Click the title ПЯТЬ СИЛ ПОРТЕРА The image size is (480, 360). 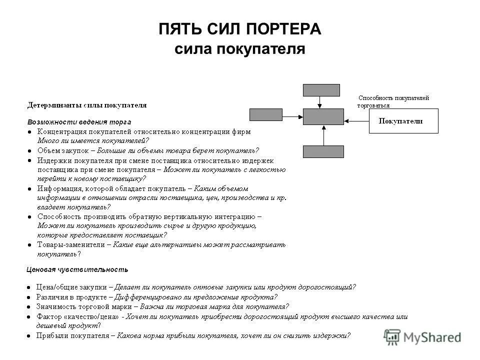click(240, 28)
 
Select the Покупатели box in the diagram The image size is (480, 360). click(403, 121)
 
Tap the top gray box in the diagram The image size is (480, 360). click(321, 90)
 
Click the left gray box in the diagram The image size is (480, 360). click(266, 115)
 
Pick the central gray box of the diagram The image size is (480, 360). click(323, 116)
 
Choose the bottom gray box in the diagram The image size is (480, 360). click(323, 151)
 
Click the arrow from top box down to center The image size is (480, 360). click(320, 102)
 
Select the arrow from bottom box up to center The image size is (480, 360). click(324, 135)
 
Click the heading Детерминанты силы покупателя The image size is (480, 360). click(87, 105)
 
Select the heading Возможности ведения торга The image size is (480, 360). click(79, 121)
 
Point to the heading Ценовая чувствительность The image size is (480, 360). click(77, 269)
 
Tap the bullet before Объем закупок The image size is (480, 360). click(30, 150)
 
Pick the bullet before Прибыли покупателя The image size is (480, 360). click(30, 335)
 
